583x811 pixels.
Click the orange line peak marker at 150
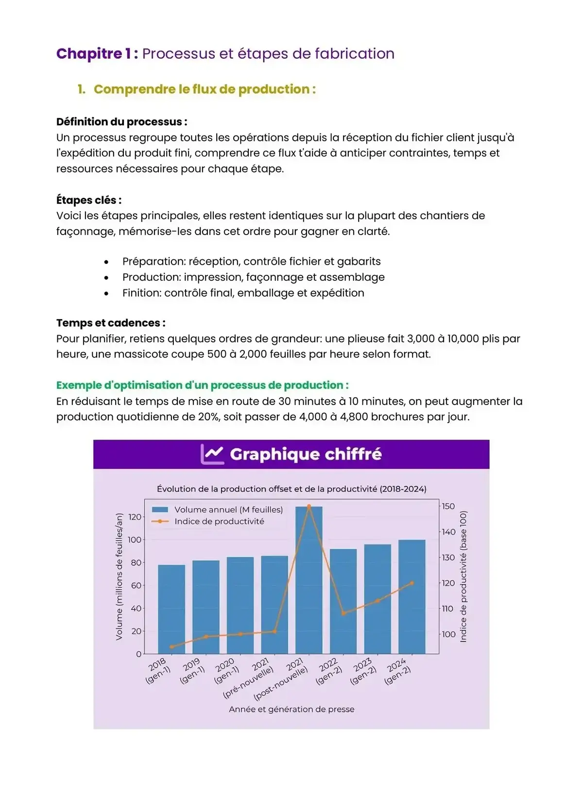[x=309, y=506]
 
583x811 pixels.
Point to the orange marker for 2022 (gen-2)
[x=343, y=613]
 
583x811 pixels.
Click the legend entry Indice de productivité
[x=219, y=521]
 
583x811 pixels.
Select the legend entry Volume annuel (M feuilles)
[x=228, y=509]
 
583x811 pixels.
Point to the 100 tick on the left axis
[x=135, y=540]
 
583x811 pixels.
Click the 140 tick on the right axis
[x=448, y=532]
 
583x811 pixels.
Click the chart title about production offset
[x=291, y=489]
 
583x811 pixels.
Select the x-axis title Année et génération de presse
[x=291, y=709]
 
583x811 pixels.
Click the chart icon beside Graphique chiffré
[x=212, y=454]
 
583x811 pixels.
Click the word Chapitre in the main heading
[x=89, y=53]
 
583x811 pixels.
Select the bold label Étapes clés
[x=89, y=200]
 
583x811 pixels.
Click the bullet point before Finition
[x=106, y=293]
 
